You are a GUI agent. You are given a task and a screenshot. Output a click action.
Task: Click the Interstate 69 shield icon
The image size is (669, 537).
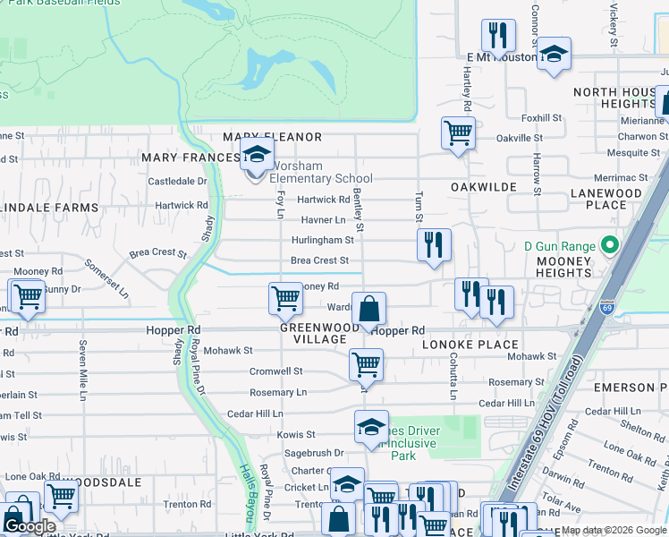pos(607,306)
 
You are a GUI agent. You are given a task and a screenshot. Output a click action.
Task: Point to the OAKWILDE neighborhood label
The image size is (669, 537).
pos(484,162)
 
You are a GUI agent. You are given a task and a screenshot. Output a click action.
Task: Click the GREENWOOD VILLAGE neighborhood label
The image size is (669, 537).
pos(320,334)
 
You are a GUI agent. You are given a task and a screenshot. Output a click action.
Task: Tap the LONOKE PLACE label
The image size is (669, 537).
pos(470,345)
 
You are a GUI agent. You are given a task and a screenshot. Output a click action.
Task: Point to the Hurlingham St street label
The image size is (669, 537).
pos(323,240)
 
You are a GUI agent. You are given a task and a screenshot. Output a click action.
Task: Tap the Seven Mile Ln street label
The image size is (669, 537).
pos(82,358)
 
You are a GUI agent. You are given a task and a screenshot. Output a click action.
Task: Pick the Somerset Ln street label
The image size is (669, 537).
pos(108,278)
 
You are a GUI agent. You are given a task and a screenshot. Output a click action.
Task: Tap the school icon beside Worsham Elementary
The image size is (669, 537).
pos(257,156)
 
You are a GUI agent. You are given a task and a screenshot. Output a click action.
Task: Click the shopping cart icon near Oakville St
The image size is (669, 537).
pos(458,133)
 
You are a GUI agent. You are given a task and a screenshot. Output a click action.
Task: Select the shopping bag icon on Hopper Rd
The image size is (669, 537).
pos(368,311)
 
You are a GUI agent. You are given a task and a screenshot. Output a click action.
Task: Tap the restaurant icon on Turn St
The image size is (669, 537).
pos(434,244)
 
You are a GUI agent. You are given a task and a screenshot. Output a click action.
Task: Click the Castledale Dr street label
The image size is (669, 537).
pos(177,181)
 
